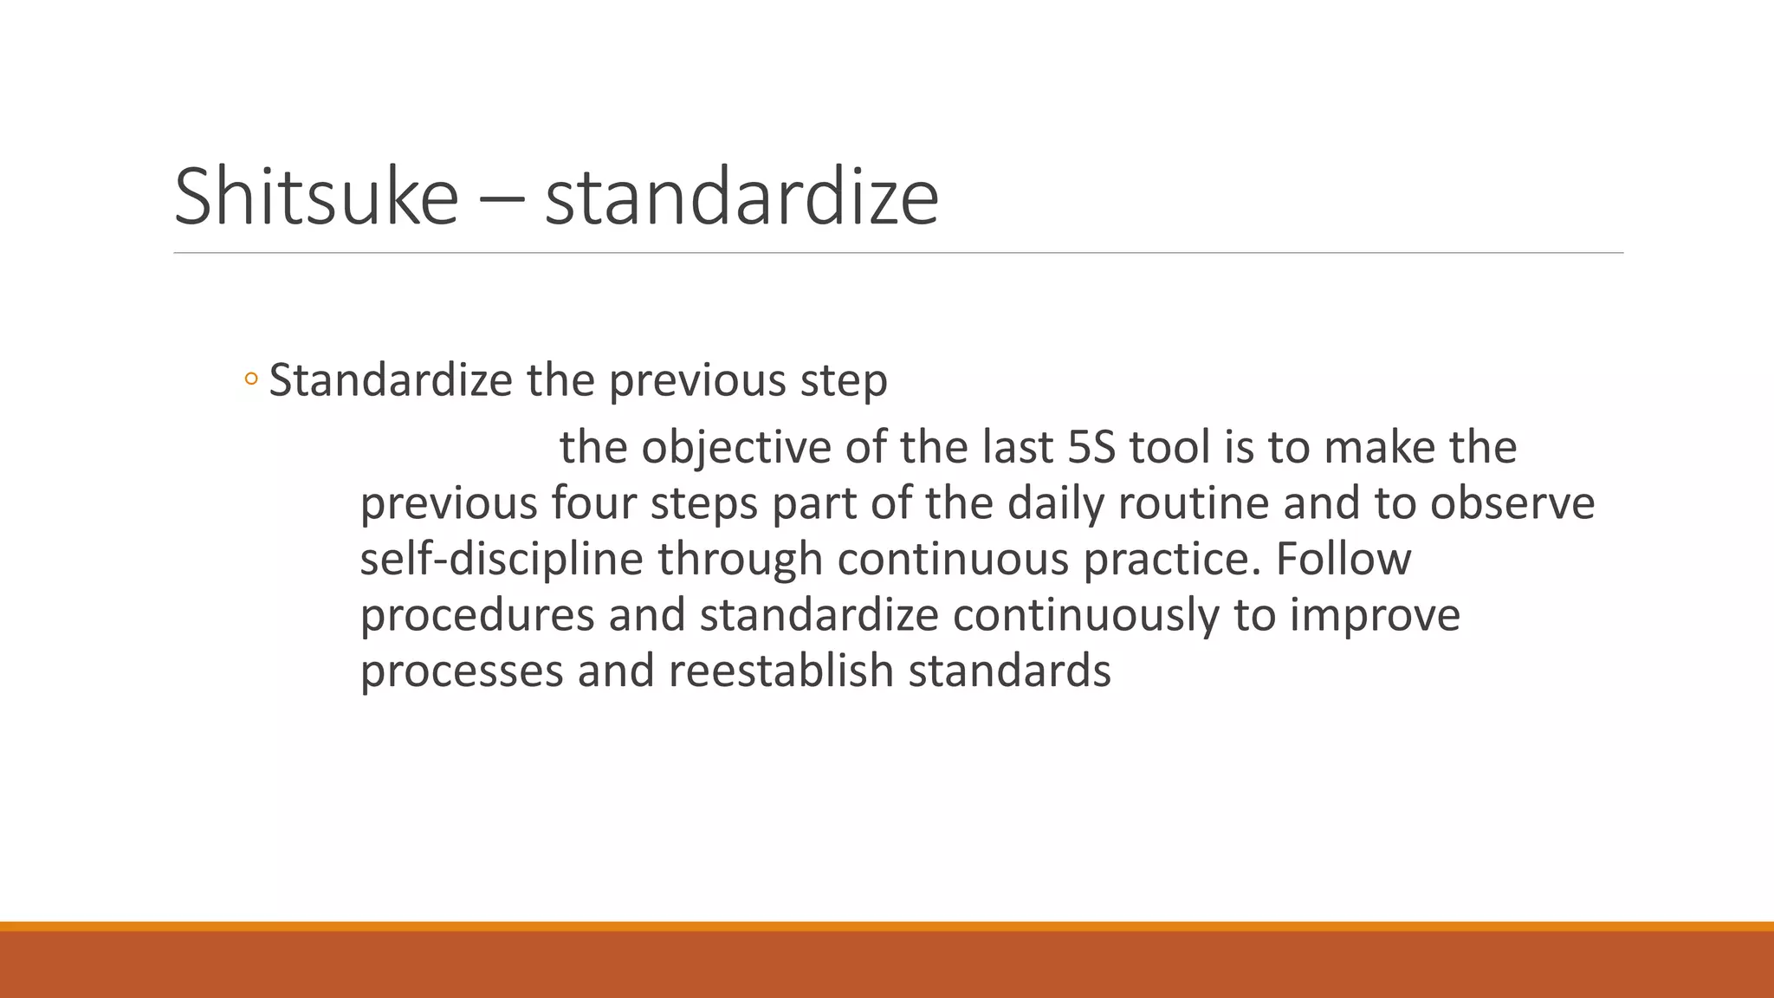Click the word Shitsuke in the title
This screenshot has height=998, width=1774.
pyautogui.click(x=315, y=198)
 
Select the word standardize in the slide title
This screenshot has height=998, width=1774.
pyautogui.click(x=741, y=198)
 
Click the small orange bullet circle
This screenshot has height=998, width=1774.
pyautogui.click(x=251, y=379)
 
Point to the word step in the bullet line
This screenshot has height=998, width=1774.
pyautogui.click(x=844, y=381)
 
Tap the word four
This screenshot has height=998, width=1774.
pyautogui.click(x=593, y=503)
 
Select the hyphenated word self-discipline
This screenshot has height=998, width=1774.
pyautogui.click(x=502, y=559)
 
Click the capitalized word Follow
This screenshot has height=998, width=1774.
pyautogui.click(x=1343, y=559)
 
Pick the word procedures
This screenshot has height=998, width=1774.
pyautogui.click(x=477, y=615)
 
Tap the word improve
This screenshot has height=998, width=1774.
pyautogui.click(x=1375, y=615)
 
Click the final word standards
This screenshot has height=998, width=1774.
pyautogui.click(x=1009, y=671)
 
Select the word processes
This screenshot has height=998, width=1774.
pyautogui.click(x=462, y=671)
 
